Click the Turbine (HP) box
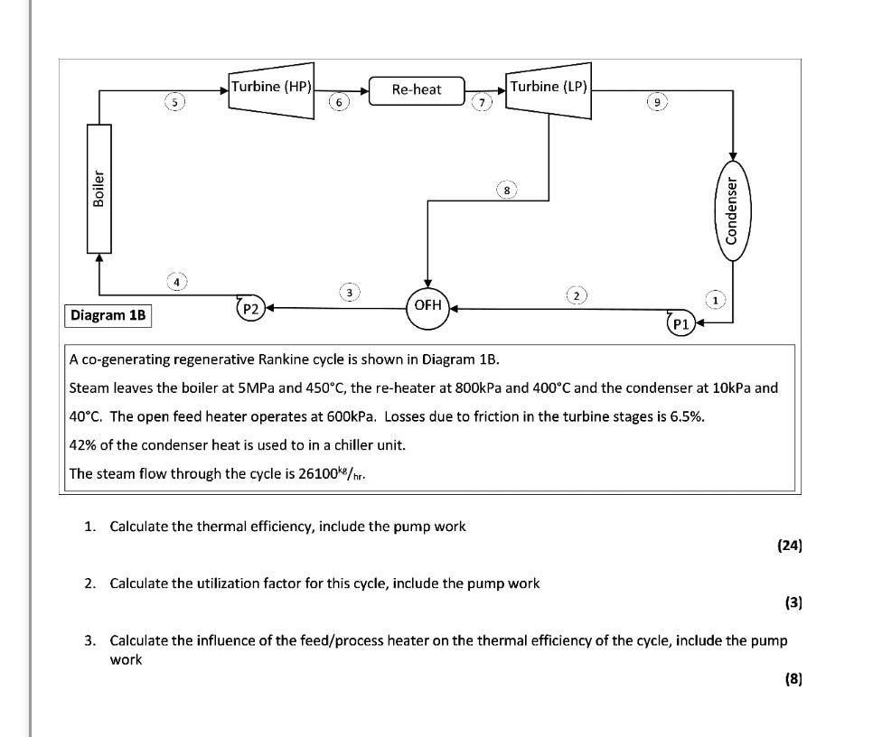271,87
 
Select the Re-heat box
417,89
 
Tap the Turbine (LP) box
549,87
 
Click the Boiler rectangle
99,188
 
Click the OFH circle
427,305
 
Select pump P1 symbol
680,323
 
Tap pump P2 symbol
250,309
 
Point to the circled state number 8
508,191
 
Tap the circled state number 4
177,282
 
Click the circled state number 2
576,295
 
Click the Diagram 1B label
108,315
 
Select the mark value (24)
789,546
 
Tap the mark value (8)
793,679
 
